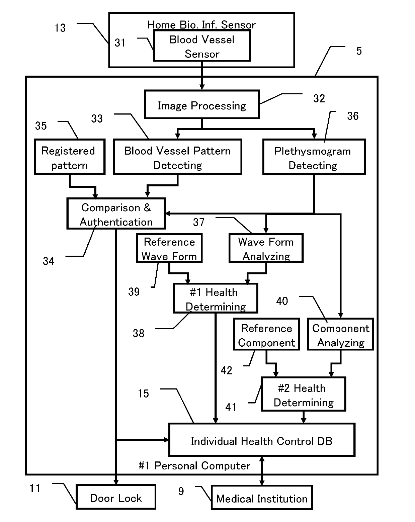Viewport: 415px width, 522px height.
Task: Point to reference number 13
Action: [60, 28]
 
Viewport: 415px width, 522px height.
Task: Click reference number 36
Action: [353, 116]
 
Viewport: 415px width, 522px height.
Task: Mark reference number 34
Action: [49, 261]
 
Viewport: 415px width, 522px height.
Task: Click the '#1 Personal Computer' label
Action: [194, 466]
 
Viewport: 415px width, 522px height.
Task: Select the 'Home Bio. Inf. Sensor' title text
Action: [201, 25]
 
